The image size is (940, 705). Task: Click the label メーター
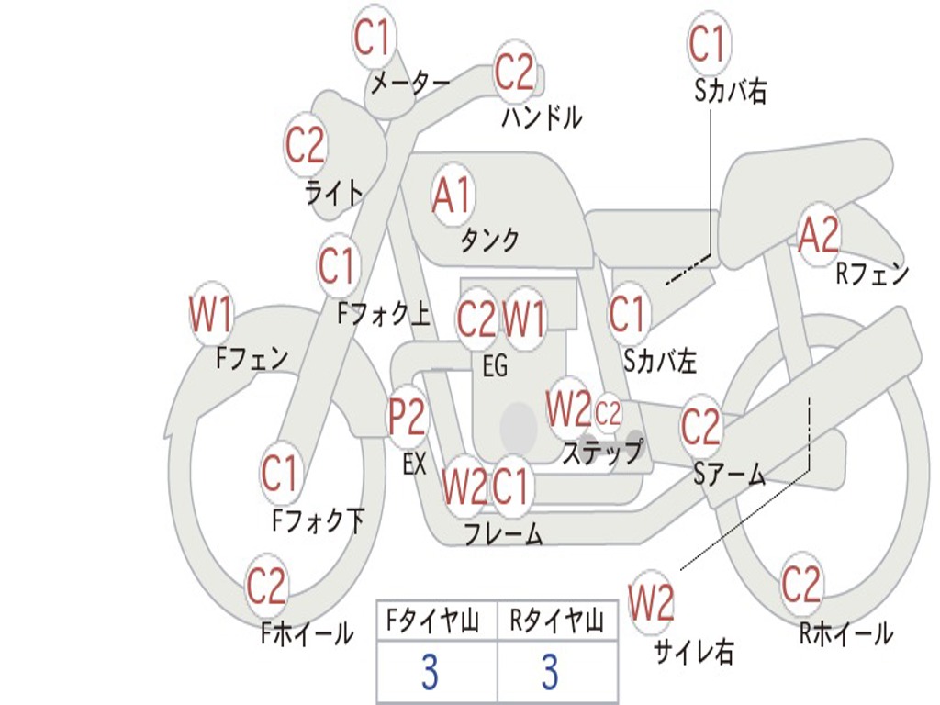[409, 84]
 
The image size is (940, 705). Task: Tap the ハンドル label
[542, 117]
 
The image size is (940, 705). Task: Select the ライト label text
[333, 193]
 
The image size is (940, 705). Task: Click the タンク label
[489, 241]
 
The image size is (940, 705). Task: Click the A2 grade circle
[819, 236]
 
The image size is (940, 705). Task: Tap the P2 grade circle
[407, 418]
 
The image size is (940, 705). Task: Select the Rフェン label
[872, 274]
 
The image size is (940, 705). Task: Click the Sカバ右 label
[730, 91]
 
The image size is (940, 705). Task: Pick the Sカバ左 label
[660, 362]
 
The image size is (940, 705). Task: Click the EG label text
[495, 366]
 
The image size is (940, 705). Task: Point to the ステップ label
[601, 453]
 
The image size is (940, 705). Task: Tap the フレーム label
[503, 533]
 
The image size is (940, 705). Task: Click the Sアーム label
[729, 474]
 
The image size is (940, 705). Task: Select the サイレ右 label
[693, 652]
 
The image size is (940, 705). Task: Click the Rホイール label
[845, 632]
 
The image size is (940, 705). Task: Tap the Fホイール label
[308, 632]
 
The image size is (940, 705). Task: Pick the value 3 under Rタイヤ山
[549, 673]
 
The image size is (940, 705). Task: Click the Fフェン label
[252, 357]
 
